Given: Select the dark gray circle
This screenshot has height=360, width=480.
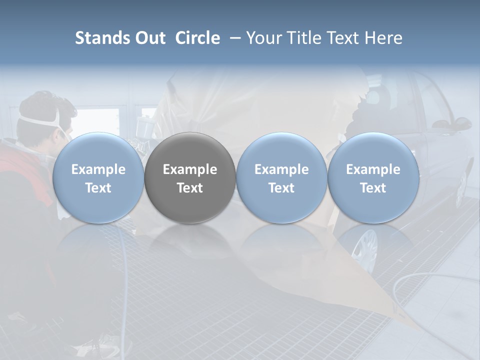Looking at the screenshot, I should tap(190, 177).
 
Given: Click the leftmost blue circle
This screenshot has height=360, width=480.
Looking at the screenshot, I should tap(98, 177).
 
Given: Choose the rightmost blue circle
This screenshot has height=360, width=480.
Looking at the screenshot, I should tap(373, 177).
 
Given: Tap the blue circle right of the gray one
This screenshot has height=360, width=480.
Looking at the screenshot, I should tap(281, 177).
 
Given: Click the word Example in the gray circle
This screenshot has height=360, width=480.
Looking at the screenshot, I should tap(190, 169).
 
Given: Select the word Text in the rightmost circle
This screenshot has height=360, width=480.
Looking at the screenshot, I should tap(373, 188).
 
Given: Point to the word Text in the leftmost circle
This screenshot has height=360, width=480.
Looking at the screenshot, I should tap(98, 188).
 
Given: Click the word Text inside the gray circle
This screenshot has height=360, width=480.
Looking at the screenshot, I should tap(190, 188).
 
